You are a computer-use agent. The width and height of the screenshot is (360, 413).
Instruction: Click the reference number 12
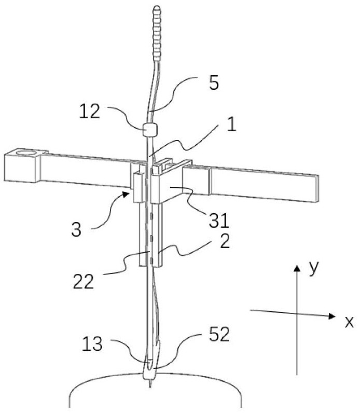[x=90, y=112]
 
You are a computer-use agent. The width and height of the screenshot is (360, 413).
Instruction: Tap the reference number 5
[x=214, y=83]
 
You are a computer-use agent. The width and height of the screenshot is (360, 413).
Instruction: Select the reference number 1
[x=231, y=124]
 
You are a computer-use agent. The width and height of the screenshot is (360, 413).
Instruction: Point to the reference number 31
[x=219, y=221]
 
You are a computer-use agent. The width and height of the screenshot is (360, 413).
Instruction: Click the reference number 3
[x=76, y=229]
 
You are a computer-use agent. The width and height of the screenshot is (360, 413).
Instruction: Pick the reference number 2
[x=225, y=241]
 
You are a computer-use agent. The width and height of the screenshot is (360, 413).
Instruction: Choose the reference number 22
[x=83, y=281]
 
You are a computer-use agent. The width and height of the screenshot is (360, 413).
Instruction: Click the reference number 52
[x=219, y=334]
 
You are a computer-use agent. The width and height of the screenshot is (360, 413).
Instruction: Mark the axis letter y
[x=314, y=268]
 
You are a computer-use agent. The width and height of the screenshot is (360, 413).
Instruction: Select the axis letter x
[x=349, y=322]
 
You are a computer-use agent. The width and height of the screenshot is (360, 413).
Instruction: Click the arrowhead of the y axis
[x=297, y=268]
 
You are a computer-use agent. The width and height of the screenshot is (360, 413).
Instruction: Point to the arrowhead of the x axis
[x=333, y=316]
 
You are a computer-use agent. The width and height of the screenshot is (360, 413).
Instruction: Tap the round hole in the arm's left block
[x=26, y=152]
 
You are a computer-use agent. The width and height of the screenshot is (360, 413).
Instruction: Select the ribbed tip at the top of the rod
[x=157, y=33]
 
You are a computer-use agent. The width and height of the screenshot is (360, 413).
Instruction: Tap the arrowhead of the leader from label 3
[x=127, y=194]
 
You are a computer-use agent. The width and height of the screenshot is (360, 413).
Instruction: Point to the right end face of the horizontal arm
[x=317, y=188]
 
